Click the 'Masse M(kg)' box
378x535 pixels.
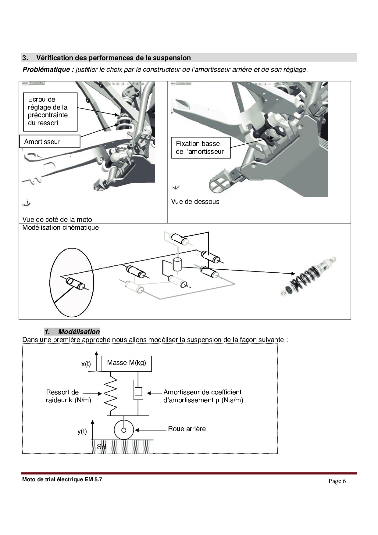(x=127, y=363)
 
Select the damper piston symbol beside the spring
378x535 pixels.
(x=138, y=393)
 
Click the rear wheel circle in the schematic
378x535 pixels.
(x=124, y=430)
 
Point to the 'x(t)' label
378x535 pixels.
(x=86, y=364)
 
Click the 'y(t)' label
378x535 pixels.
(x=82, y=431)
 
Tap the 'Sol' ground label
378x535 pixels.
(x=102, y=447)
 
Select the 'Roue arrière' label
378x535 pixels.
(x=187, y=429)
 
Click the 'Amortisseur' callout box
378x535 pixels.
(x=49, y=142)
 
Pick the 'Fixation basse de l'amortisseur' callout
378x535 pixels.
(x=200, y=148)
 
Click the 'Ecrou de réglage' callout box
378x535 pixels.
(x=50, y=111)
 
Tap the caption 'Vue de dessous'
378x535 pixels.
(x=195, y=202)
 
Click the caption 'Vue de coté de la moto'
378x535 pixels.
(x=57, y=220)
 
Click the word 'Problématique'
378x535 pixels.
(x=48, y=70)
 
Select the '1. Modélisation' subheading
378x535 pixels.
(x=72, y=332)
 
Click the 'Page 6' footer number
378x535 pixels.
(x=337, y=481)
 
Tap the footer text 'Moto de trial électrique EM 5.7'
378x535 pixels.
(x=62, y=479)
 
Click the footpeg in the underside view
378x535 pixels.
(x=223, y=182)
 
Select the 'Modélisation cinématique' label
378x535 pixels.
(x=60, y=228)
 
